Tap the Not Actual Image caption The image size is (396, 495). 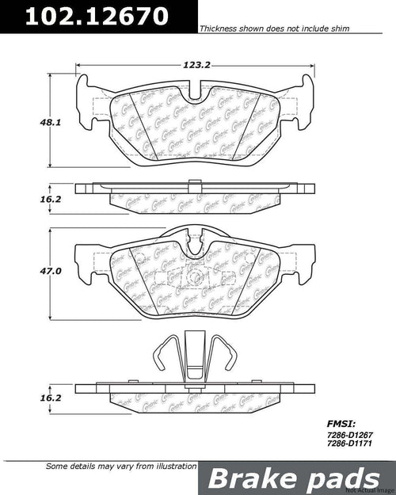click(x=371, y=490)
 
